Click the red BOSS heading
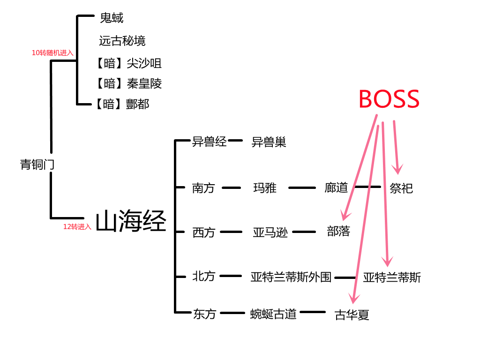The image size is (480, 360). click(x=389, y=99)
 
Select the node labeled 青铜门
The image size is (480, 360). click(x=38, y=165)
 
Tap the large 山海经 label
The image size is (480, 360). click(x=131, y=221)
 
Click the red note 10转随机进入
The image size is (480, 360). click(x=52, y=53)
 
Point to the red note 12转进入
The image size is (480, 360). click(x=77, y=227)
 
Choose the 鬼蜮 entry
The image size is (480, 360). click(x=112, y=18)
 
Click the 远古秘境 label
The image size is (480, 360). click(x=122, y=41)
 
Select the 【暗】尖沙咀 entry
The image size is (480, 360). click(x=128, y=63)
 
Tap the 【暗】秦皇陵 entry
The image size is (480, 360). click(x=128, y=84)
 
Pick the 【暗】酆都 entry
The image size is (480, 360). click(x=122, y=104)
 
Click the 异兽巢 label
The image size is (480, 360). click(x=269, y=142)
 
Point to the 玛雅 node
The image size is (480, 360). click(x=265, y=188)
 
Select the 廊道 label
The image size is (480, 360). click(x=336, y=188)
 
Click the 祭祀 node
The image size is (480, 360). click(x=401, y=188)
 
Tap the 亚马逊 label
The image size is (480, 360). click(x=270, y=232)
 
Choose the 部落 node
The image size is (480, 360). click(x=338, y=232)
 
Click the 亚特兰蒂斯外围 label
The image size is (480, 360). click(x=291, y=277)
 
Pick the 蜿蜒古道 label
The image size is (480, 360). click(x=273, y=314)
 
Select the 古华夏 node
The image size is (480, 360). click(x=352, y=315)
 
